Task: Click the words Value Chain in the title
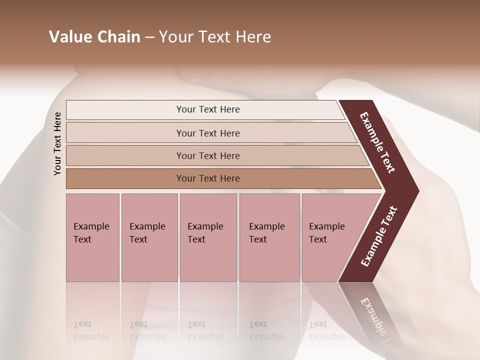pyautogui.click(x=94, y=37)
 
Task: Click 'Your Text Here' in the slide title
pyautogui.click(x=215, y=37)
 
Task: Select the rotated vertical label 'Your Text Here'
pyautogui.click(x=57, y=143)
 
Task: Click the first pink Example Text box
pyautogui.click(x=92, y=237)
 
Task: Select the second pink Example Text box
pyautogui.click(x=149, y=237)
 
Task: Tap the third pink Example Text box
pyautogui.click(x=208, y=237)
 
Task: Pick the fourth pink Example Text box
pyautogui.click(x=269, y=237)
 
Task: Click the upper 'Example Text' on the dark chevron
pyautogui.click(x=377, y=142)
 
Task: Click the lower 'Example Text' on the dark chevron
pyautogui.click(x=379, y=236)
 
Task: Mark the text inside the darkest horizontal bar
pyautogui.click(x=208, y=178)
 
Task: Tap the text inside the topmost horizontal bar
pyautogui.click(x=208, y=109)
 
